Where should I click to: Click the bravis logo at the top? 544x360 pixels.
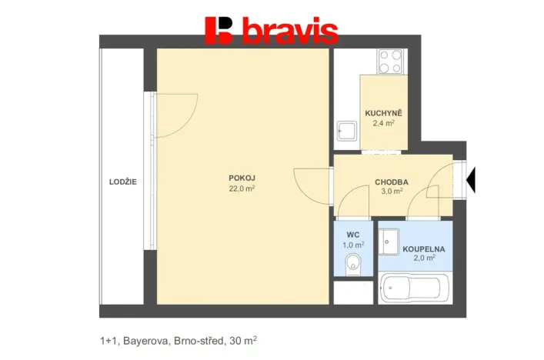pyautogui.click(x=271, y=30)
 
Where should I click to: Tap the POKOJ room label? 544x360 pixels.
pyautogui.click(x=242, y=178)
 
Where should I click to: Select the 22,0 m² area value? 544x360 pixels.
pyautogui.click(x=242, y=188)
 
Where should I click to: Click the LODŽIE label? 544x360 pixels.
pyautogui.click(x=123, y=182)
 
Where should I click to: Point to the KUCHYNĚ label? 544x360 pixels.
pyautogui.click(x=382, y=113)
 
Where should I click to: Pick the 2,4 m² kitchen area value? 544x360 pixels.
pyautogui.click(x=382, y=123)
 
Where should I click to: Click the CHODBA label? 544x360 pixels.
pyautogui.click(x=391, y=182)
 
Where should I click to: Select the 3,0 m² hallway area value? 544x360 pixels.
pyautogui.click(x=391, y=192)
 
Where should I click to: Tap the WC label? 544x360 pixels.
pyautogui.click(x=353, y=235)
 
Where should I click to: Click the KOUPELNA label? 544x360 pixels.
pyautogui.click(x=424, y=249)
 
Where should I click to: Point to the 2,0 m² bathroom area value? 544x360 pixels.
pyautogui.click(x=424, y=259)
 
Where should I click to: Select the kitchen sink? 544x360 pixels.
pyautogui.click(x=347, y=132)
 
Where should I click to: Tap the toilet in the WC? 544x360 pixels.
pyautogui.click(x=353, y=262)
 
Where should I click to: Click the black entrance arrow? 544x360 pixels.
pyautogui.click(x=472, y=181)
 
